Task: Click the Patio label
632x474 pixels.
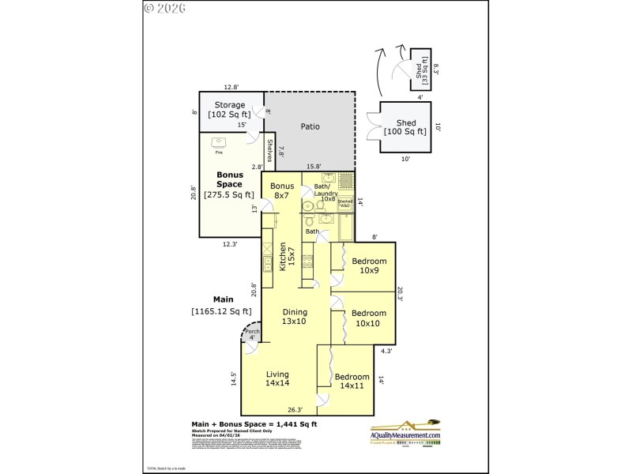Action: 309,126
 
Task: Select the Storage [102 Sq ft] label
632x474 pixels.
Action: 229,110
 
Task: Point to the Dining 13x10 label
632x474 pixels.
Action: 295,316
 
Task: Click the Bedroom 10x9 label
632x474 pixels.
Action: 369,266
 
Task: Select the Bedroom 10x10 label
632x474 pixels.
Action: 369,318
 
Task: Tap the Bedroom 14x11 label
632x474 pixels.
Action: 352,382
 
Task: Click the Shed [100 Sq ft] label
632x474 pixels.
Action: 405,127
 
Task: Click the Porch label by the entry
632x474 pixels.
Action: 251,334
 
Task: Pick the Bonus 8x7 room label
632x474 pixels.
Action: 282,190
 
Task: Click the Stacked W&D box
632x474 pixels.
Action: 344,204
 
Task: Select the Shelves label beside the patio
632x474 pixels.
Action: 269,151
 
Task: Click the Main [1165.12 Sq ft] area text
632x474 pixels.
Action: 224,305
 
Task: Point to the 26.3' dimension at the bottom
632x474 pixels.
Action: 294,410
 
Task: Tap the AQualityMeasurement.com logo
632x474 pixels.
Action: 406,434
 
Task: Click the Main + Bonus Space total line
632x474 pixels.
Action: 254,424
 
